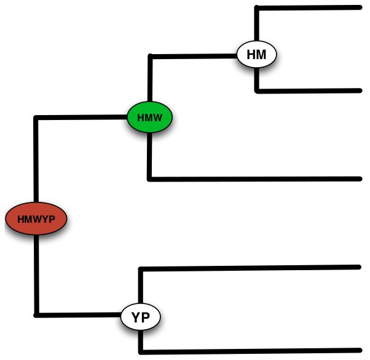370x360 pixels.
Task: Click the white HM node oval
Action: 257,55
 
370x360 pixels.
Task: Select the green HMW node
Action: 149,116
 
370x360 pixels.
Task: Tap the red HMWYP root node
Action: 36,218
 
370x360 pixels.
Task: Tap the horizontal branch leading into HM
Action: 193,56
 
